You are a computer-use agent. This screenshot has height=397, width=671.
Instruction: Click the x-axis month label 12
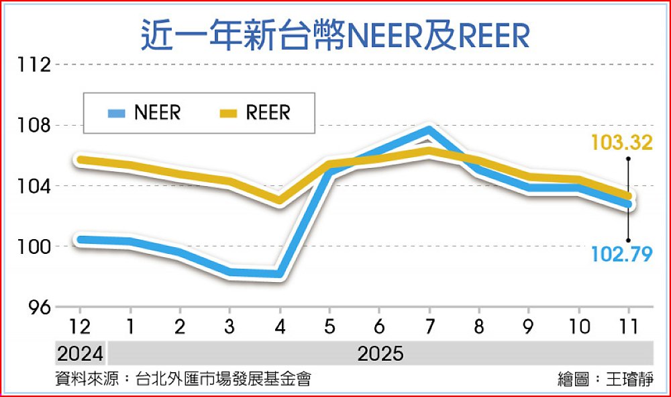click(80, 328)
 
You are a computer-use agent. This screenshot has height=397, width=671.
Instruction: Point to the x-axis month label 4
click(279, 328)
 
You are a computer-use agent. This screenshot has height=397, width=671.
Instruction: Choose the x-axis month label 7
click(429, 328)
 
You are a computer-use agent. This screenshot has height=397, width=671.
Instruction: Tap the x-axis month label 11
click(629, 328)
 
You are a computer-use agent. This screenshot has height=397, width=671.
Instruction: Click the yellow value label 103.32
click(621, 143)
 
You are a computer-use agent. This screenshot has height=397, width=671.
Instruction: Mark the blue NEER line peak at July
click(429, 130)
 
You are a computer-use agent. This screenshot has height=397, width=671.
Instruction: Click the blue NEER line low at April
click(279, 274)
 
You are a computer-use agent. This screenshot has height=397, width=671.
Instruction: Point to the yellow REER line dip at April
click(279, 200)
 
